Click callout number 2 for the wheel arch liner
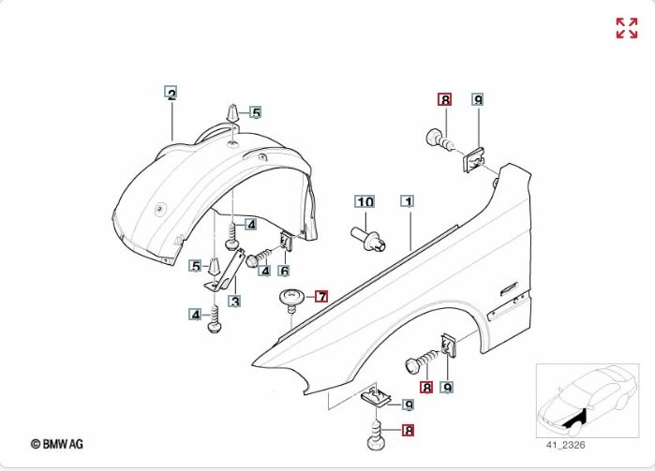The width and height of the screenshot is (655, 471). click(x=171, y=93)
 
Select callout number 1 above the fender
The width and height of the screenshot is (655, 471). click(x=407, y=201)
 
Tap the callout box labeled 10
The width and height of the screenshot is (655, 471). click(x=364, y=202)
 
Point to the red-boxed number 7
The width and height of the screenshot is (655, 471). click(x=321, y=297)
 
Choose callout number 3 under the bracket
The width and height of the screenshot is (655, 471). click(x=234, y=302)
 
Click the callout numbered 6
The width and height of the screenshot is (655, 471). click(x=283, y=271)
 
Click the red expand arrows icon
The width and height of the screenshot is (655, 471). click(x=626, y=28)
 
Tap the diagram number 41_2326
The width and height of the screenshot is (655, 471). click(x=559, y=445)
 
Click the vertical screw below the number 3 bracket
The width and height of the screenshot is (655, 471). click(x=216, y=323)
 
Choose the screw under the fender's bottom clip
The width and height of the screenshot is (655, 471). click(x=377, y=434)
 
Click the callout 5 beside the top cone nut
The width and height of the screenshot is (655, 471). click(x=255, y=112)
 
